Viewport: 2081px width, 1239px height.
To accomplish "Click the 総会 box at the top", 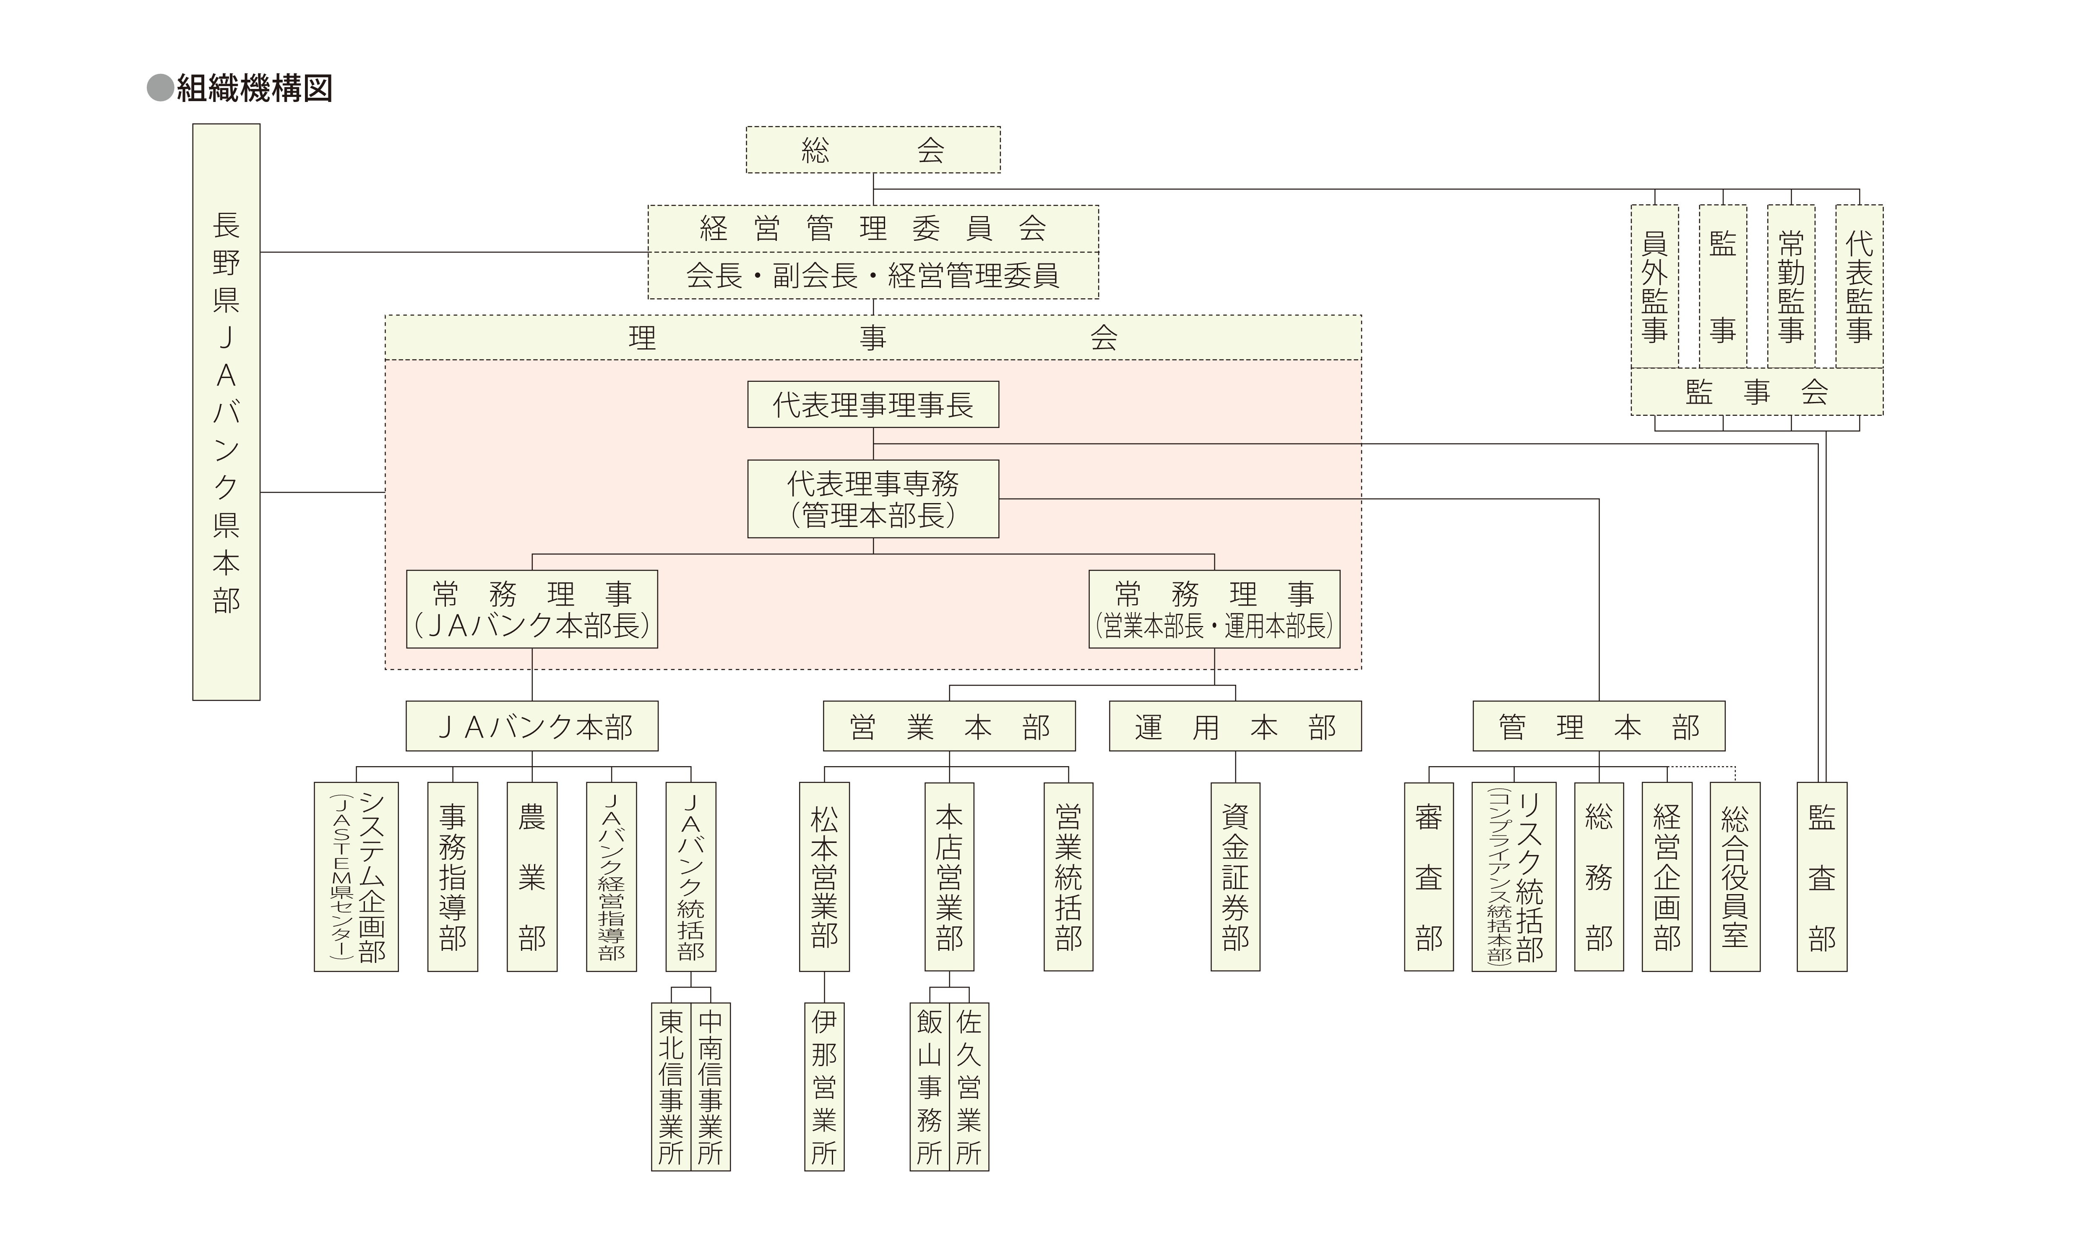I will (873, 150).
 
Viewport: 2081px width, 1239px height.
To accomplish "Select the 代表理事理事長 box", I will (873, 405).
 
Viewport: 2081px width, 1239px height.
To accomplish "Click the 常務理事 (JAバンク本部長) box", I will (532, 610).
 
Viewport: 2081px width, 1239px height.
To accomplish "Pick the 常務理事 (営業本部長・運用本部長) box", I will (1214, 610).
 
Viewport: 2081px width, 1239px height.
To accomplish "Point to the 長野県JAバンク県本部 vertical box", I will (226, 412).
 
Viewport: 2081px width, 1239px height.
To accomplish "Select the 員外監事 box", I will (1654, 287).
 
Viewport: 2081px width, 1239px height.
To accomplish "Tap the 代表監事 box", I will (1859, 287).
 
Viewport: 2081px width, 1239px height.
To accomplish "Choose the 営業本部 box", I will (949, 726).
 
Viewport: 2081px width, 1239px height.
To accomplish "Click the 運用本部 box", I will (1235, 726).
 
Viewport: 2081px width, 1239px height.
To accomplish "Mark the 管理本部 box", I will (1599, 726).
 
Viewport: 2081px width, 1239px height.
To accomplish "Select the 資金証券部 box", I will (1235, 876).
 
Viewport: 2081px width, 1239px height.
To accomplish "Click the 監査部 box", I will (1821, 876).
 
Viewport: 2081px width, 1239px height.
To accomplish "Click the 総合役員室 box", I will (1735, 876).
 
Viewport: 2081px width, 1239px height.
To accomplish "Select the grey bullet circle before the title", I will (159, 88).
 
